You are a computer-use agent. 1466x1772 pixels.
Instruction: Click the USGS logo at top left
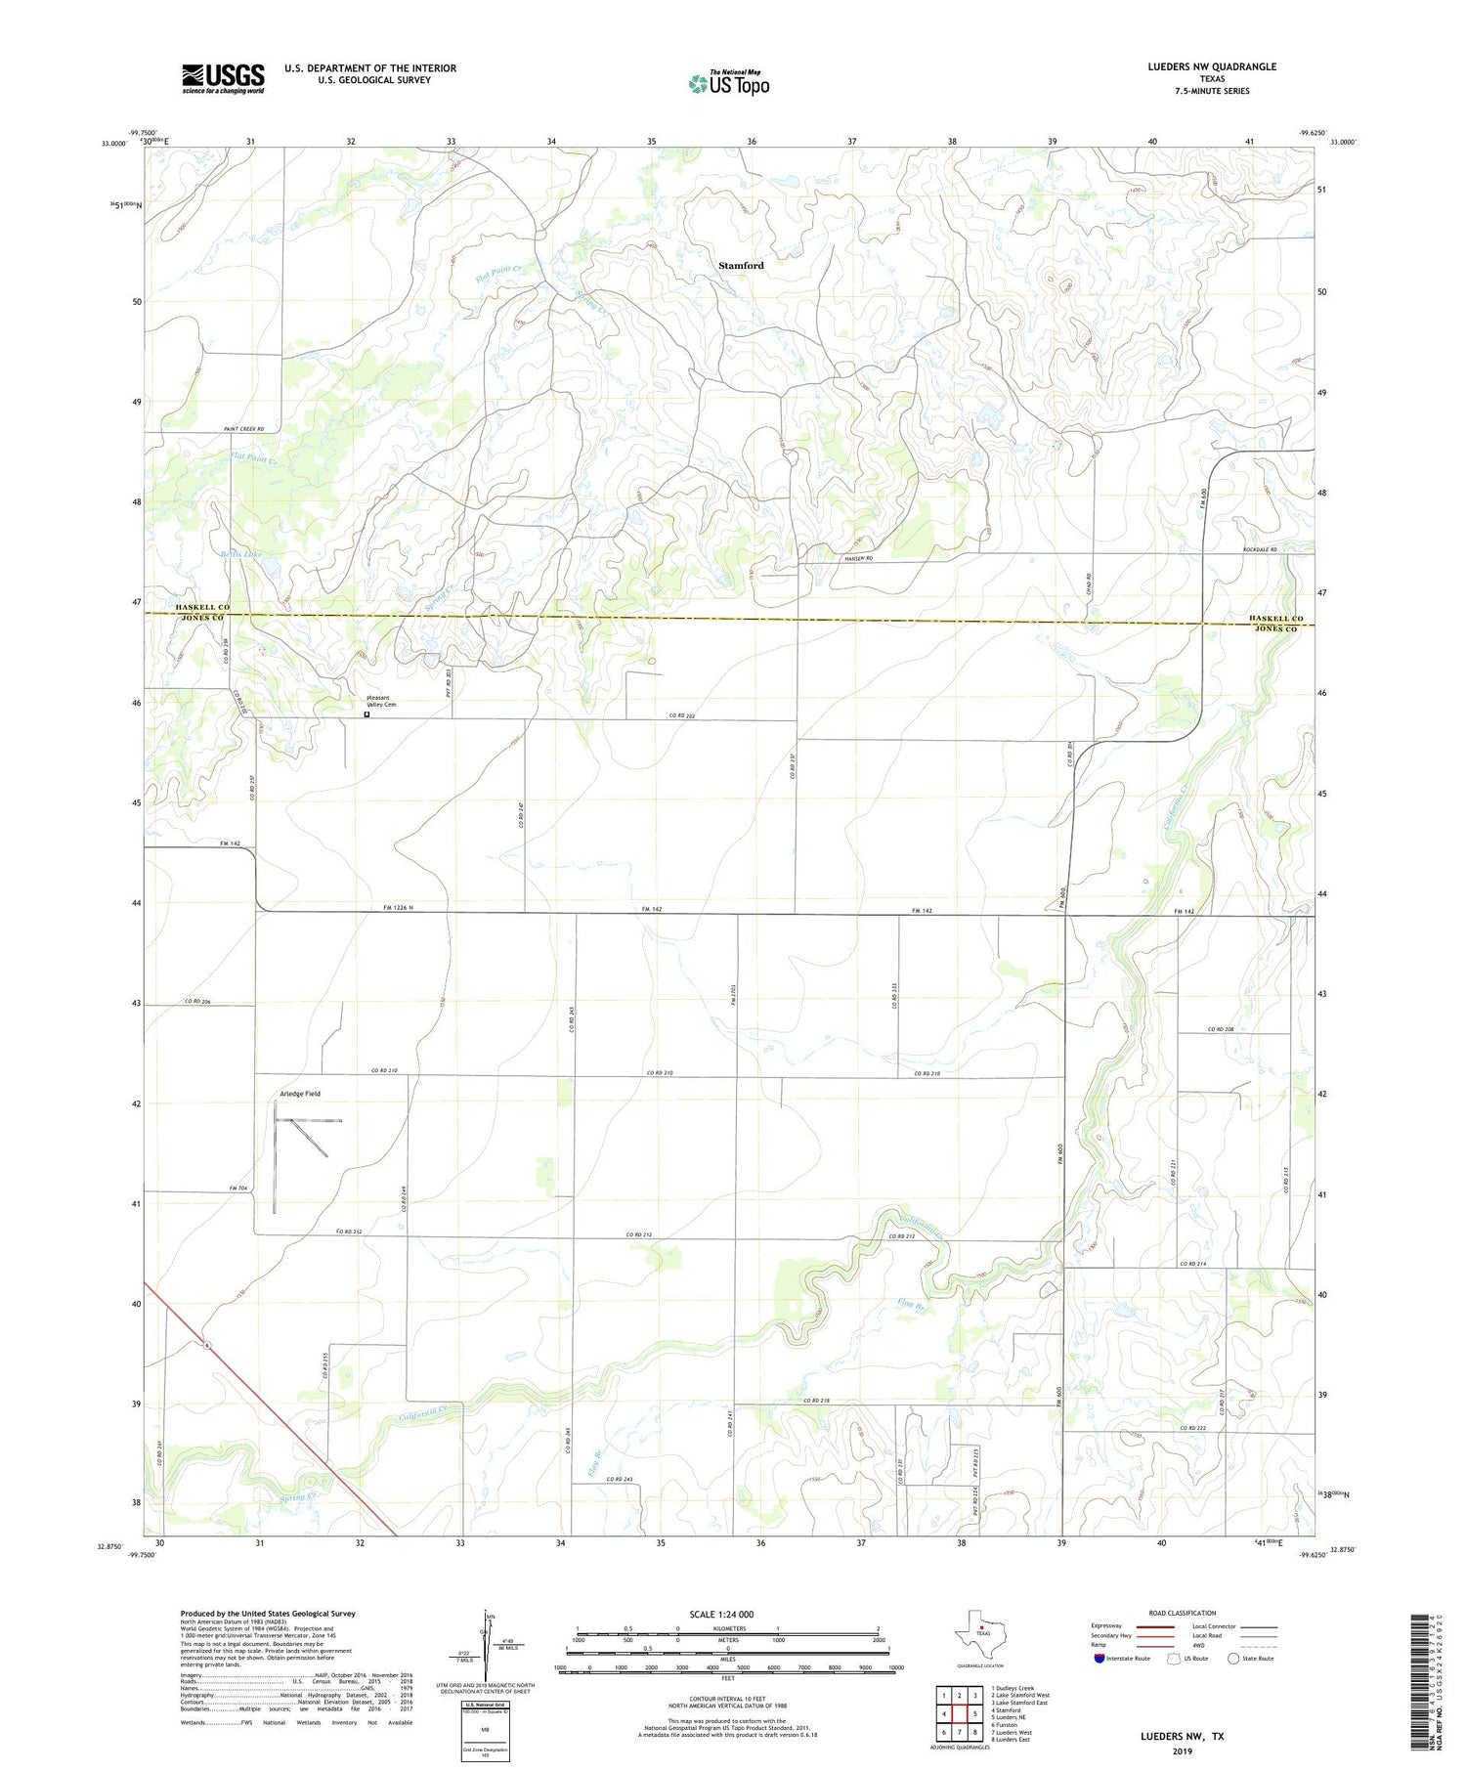[223, 78]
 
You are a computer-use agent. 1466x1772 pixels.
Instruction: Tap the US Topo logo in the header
[729, 84]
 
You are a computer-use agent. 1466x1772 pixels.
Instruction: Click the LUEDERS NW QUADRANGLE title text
[1212, 66]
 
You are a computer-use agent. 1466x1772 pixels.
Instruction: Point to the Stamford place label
[741, 265]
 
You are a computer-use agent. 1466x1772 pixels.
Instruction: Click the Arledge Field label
[300, 1093]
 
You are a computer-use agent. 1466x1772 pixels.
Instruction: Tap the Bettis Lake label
[240, 554]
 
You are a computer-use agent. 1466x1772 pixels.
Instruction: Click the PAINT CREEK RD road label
[244, 428]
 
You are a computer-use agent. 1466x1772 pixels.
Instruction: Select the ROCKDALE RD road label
[1260, 549]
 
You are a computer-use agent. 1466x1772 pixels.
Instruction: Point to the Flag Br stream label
[910, 1301]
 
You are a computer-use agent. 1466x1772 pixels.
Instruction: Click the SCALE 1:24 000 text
[721, 1614]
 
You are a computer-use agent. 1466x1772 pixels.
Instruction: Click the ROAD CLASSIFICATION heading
[1183, 1613]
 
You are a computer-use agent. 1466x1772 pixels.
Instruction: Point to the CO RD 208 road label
[1223, 1029]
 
